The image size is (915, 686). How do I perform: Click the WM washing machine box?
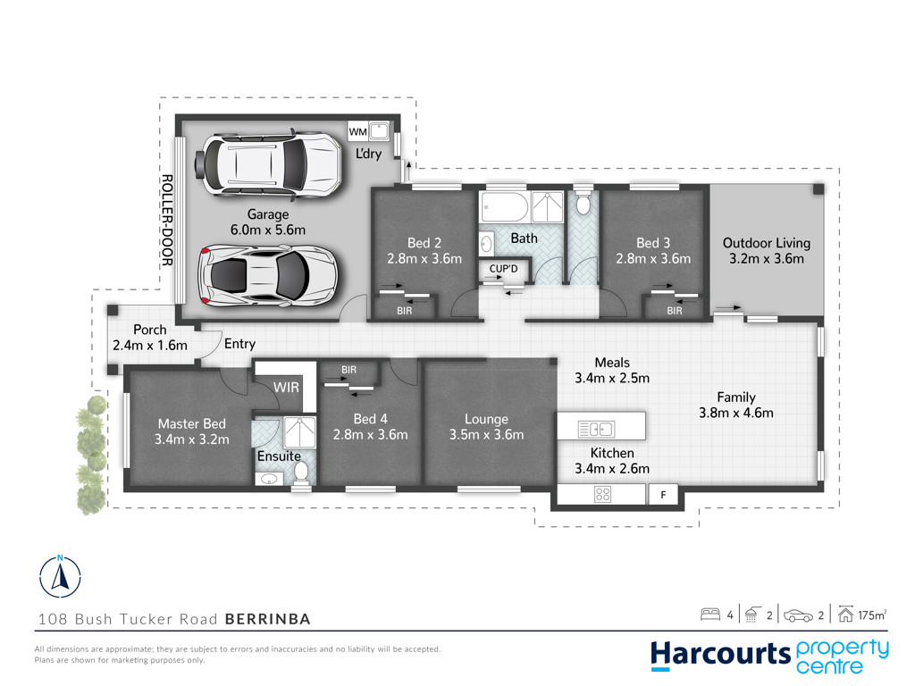coord(357,131)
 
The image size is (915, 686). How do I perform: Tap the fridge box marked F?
coord(664,495)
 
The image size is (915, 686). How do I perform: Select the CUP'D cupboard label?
coord(503,269)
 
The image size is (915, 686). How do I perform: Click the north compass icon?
coord(60,576)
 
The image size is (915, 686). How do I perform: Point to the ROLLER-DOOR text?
coord(167,220)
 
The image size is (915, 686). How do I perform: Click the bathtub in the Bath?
coord(504,206)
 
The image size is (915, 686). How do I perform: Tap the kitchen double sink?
coord(596,430)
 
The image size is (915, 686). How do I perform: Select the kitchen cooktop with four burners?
coord(603,495)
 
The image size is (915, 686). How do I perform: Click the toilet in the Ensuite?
coord(301,472)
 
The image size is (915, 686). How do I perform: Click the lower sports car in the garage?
coord(268,275)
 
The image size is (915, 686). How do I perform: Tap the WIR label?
coord(286,388)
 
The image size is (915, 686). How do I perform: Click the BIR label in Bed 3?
coord(675,311)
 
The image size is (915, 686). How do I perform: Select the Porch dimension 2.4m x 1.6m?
coord(150,346)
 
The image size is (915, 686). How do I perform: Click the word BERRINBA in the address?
coord(268,619)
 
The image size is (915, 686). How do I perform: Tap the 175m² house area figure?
coord(872,615)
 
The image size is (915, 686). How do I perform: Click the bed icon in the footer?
coord(710,615)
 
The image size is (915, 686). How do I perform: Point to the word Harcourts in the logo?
coord(721,654)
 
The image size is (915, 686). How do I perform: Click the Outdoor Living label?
coord(766,243)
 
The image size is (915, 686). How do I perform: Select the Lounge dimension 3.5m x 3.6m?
coord(487,435)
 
